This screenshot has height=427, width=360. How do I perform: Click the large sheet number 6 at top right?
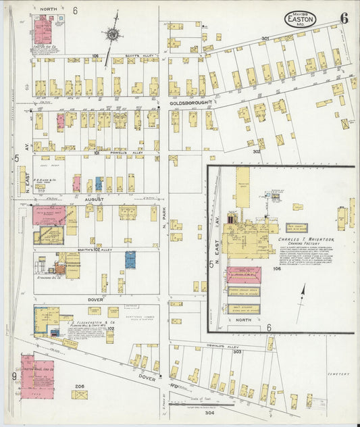tap(344, 18)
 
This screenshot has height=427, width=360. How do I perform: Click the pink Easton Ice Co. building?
tap(43, 29)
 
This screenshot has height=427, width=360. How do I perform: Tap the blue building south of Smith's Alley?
tap(130, 259)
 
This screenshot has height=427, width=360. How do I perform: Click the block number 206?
tap(79, 386)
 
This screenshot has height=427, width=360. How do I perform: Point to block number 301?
tap(265, 38)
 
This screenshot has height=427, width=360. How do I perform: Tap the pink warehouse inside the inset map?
tap(243, 276)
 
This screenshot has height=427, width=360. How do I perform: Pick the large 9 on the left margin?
tap(14, 376)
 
